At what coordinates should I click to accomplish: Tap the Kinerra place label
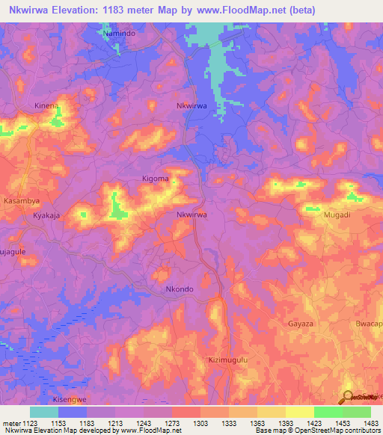[x=46, y=106]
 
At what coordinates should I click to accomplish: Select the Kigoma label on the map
[x=155, y=179]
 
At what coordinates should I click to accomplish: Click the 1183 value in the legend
[x=87, y=423]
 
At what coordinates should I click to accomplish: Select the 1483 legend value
[x=370, y=423]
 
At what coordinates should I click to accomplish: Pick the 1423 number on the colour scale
[x=313, y=423]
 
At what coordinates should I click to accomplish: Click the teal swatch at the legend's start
[x=44, y=412]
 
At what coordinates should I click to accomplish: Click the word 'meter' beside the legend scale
[x=11, y=423]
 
